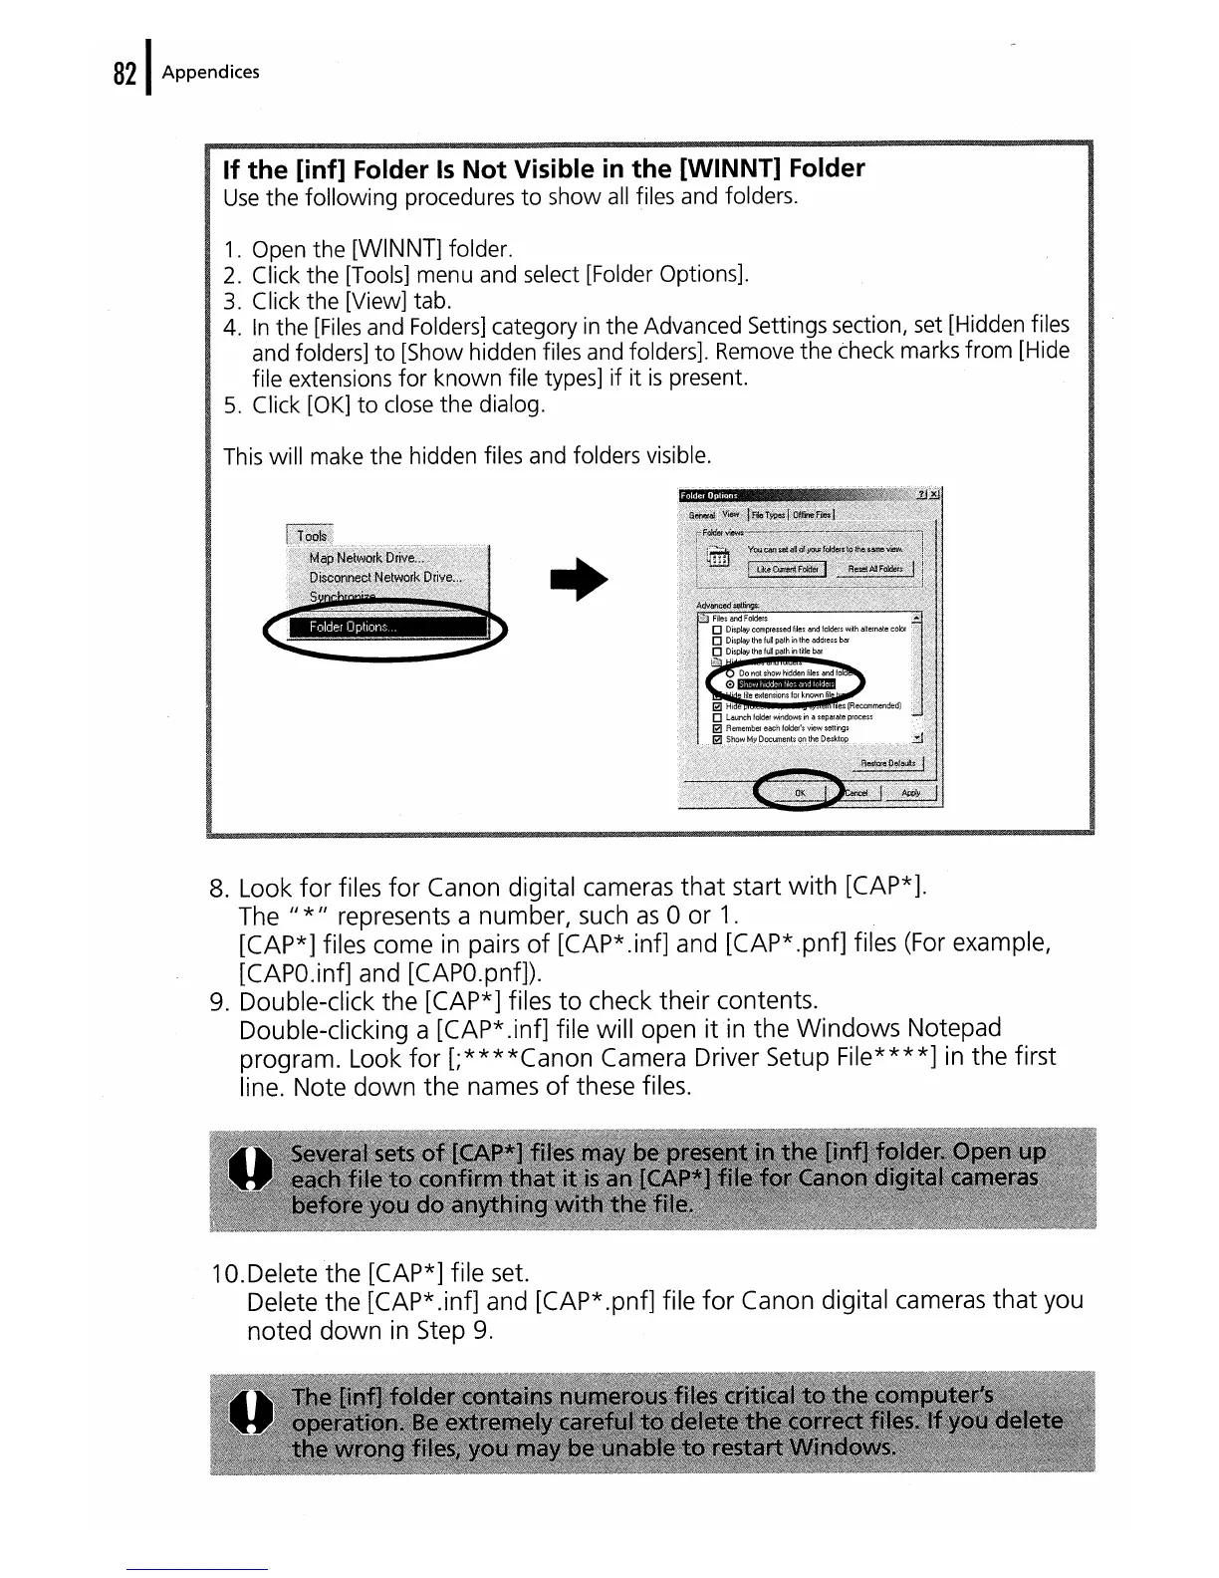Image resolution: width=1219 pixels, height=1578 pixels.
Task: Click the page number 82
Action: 123,74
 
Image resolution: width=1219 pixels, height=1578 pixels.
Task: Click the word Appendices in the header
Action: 210,72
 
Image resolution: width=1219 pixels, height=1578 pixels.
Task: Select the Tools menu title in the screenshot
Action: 311,535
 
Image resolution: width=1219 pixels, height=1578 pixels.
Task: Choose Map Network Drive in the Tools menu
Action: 366,558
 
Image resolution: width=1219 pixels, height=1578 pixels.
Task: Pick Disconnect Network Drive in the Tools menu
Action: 384,578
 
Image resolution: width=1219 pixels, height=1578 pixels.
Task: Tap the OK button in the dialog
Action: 799,793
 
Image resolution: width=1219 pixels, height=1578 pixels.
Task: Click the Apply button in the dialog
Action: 910,793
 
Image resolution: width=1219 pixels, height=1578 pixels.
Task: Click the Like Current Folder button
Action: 787,569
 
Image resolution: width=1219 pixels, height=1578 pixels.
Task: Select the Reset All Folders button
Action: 875,569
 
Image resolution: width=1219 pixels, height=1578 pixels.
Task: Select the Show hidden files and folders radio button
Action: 731,684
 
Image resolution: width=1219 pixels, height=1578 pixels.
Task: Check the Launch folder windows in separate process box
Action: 717,717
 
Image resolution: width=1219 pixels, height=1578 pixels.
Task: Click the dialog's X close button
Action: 934,495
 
